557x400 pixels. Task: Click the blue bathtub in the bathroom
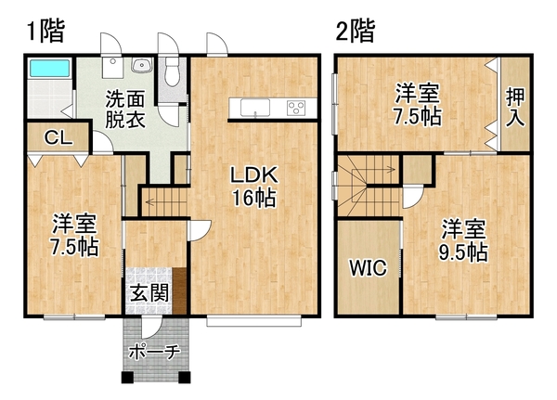49,68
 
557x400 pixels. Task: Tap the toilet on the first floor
173,72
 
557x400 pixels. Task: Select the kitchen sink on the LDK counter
254,108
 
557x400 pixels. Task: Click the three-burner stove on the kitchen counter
296,108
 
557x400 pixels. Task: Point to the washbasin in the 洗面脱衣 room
142,65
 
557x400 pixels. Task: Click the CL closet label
58,137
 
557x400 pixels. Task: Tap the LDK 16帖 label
254,187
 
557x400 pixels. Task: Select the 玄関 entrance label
149,293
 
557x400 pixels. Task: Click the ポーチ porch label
154,352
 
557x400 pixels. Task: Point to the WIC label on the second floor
368,267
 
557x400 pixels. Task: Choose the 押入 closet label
515,107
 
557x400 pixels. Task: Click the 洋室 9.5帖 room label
463,240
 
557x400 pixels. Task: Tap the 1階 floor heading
46,32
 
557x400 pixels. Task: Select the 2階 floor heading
355,32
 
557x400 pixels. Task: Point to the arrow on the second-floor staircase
372,170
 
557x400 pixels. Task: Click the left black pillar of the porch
127,378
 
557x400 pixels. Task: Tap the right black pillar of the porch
185,378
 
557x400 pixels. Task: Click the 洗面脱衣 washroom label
125,110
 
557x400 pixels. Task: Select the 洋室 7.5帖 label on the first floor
74,235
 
